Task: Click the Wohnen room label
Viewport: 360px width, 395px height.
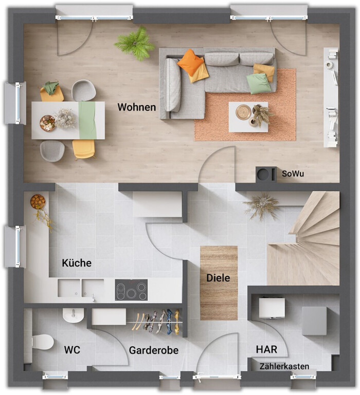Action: click(x=136, y=107)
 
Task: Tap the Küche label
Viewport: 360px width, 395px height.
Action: click(x=77, y=263)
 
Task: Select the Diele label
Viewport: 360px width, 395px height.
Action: click(x=218, y=278)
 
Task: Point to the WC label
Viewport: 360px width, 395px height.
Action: click(x=72, y=350)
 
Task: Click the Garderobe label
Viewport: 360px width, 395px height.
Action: click(x=154, y=350)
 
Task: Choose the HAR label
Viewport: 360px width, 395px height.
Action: click(x=266, y=349)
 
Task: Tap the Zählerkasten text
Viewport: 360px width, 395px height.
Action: click(x=284, y=366)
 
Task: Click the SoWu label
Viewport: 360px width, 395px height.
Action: click(x=293, y=174)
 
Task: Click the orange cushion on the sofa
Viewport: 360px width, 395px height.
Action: click(x=190, y=62)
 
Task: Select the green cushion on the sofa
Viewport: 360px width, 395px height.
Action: click(x=259, y=83)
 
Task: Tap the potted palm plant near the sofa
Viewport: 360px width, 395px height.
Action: click(x=135, y=43)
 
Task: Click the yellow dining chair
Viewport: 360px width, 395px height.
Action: click(x=84, y=148)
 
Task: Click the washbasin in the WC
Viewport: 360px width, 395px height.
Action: click(x=73, y=315)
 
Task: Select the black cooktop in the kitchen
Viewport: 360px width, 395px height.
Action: click(x=131, y=290)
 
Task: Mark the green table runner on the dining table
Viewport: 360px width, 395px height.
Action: click(x=87, y=120)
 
